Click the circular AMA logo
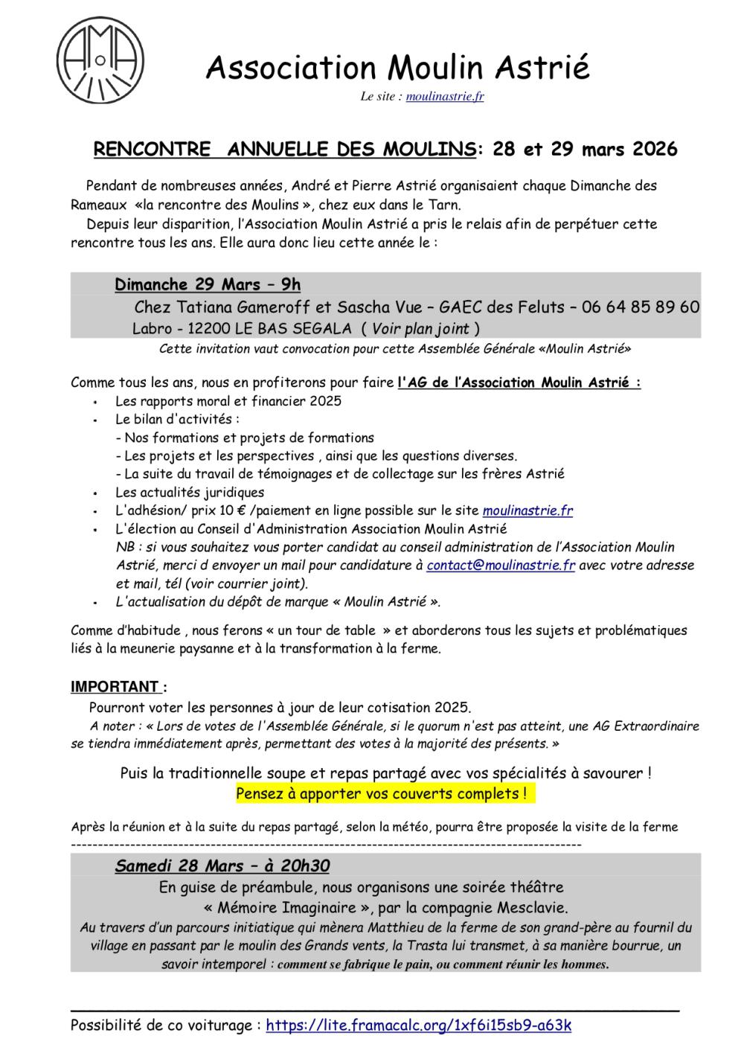[x=101, y=59]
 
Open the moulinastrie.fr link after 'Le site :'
[x=445, y=96]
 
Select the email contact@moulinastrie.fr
[x=501, y=565]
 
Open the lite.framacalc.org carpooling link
[x=418, y=1025]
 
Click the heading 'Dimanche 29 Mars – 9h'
[x=208, y=284]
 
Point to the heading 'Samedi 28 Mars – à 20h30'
[x=222, y=866]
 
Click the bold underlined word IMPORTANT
[x=115, y=686]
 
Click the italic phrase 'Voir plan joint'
[x=420, y=328]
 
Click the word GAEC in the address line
[x=460, y=307]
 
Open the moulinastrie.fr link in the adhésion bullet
[x=527, y=511]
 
